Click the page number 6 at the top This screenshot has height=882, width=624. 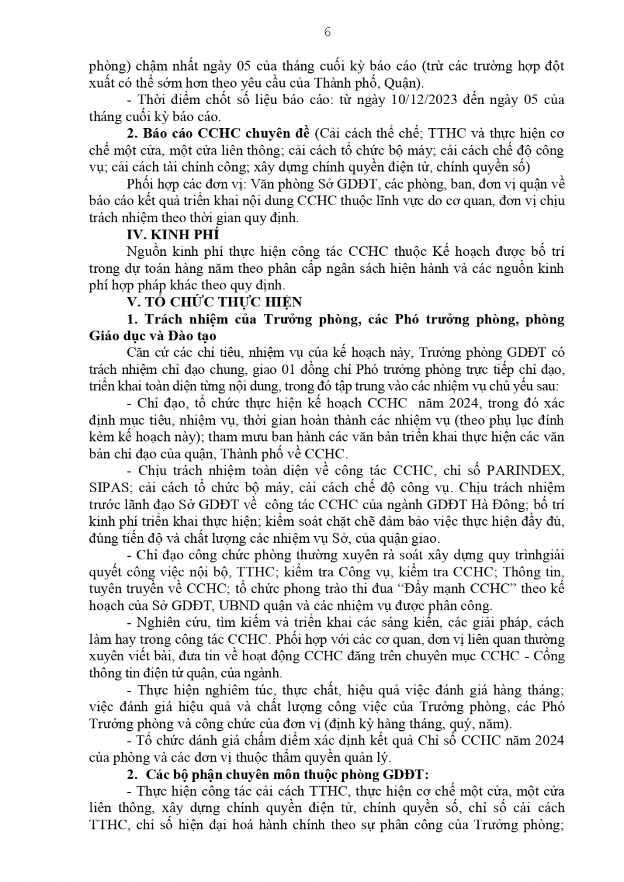(x=328, y=32)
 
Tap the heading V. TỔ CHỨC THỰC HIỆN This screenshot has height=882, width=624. (x=215, y=302)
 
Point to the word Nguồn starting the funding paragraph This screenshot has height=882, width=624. (x=144, y=252)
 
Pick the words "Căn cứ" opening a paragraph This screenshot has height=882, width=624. (x=144, y=353)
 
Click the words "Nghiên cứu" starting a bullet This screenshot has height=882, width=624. (x=166, y=623)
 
